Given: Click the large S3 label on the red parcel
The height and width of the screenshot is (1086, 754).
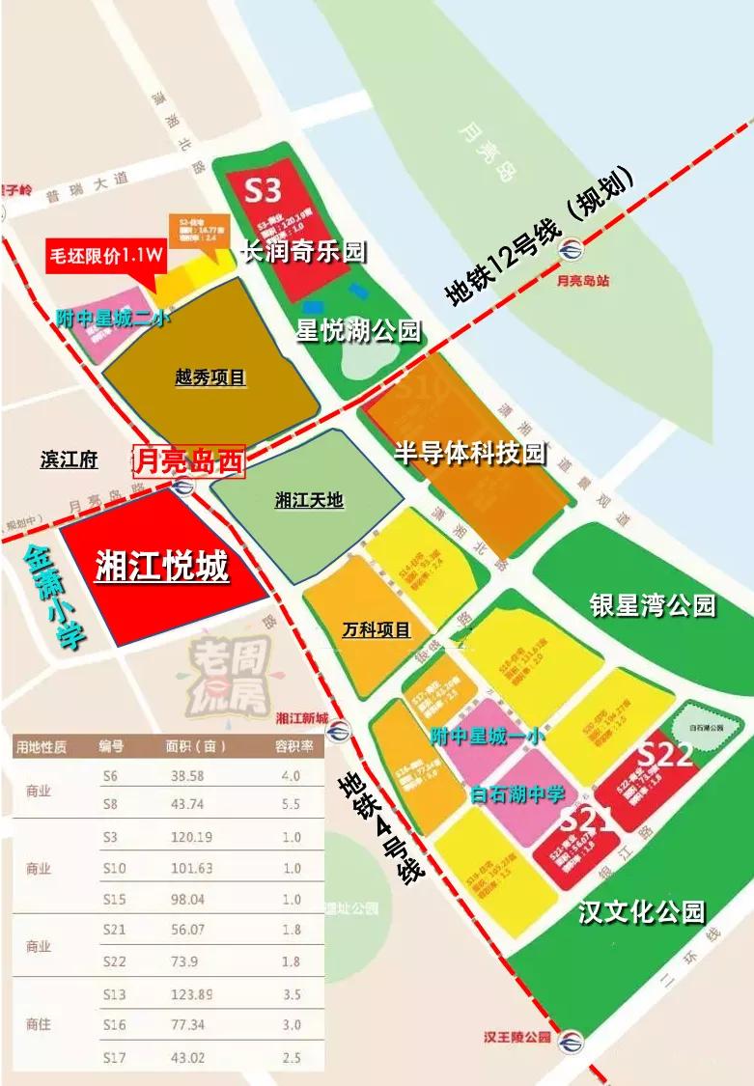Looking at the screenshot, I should coord(262,187).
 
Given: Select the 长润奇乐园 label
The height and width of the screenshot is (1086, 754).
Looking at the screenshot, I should coord(303,253).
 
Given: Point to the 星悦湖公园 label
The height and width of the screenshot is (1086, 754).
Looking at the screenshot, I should coord(358,331).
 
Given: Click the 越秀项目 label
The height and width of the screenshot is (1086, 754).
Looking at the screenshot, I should coord(211,377).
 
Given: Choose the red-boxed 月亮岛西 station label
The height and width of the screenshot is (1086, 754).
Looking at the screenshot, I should coord(188,461).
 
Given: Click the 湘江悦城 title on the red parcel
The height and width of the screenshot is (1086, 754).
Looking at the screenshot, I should coord(162,566).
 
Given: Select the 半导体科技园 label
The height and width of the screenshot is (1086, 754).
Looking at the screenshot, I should coord(470,453).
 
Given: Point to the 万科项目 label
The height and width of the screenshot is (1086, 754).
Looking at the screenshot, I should coord(377,630).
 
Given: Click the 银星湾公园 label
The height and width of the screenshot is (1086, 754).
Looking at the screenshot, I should coord(653,605).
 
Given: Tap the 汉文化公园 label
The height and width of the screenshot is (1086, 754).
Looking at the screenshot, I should coord(642,910).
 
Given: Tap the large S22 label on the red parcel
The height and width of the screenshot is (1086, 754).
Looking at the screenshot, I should coord(666,754).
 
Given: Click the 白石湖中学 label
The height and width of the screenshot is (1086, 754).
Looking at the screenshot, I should coord(517,795).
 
